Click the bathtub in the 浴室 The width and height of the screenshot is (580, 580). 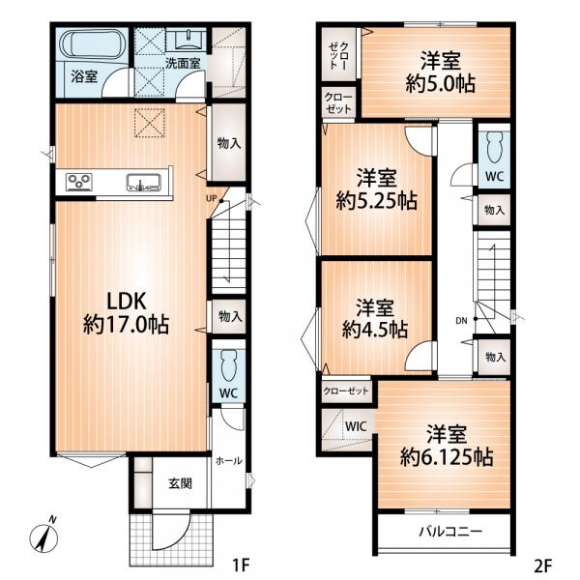tap(93, 45)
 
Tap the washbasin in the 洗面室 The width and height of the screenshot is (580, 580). tap(186, 40)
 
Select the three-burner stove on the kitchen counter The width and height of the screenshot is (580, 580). tap(79, 182)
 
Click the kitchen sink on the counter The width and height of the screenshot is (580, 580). tap(143, 182)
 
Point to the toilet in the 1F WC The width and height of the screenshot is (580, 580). tap(228, 365)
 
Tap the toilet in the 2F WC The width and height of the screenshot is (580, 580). tap(494, 148)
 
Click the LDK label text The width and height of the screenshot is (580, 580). tap(127, 301)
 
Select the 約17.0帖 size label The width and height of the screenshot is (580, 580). tap(126, 325)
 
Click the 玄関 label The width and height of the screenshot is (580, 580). tap(181, 483)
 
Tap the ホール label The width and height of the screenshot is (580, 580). tap(229, 461)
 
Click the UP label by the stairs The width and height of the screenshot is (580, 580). tap(211, 198)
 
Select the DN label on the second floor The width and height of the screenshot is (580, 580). tap(461, 321)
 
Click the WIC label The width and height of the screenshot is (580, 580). tap(356, 426)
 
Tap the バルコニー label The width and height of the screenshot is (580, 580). tap(450, 532)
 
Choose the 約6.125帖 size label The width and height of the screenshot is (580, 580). tap(447, 457)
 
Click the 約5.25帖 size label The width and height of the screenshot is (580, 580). tap(377, 201)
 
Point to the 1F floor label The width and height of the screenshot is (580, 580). tap(241, 565)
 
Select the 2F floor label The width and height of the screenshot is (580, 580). tap(543, 565)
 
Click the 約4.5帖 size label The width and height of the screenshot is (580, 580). tap(375, 330)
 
